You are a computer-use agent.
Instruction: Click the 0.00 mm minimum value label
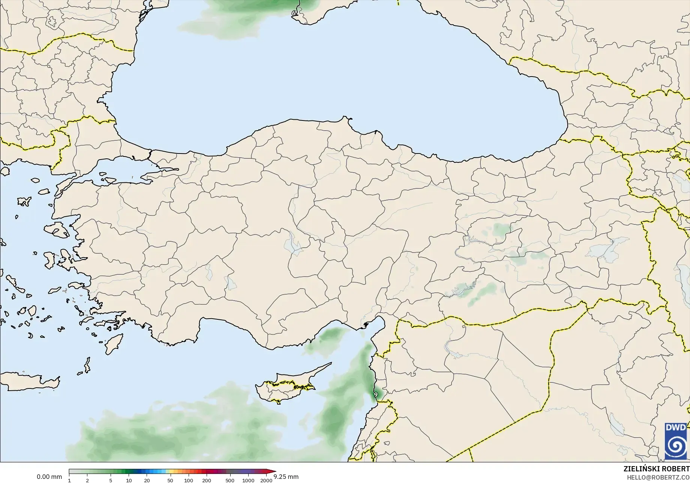click(49, 477)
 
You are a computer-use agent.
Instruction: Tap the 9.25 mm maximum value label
click(286, 477)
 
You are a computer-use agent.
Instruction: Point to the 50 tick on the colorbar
click(170, 480)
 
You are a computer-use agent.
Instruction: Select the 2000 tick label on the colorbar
click(266, 480)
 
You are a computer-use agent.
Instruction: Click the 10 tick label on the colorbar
click(129, 480)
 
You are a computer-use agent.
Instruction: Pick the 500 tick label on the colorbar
click(230, 480)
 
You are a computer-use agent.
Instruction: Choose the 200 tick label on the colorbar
click(207, 480)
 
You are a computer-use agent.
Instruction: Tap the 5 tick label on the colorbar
click(111, 480)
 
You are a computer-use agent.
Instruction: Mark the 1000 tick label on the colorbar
click(248, 480)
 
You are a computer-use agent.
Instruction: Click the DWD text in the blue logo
click(676, 427)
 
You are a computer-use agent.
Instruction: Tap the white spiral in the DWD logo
click(676, 446)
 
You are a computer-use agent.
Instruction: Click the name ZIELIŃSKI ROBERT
click(656, 469)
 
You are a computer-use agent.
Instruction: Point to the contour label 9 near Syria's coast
click(376, 395)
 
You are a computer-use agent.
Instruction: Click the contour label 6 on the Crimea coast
click(294, 13)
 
